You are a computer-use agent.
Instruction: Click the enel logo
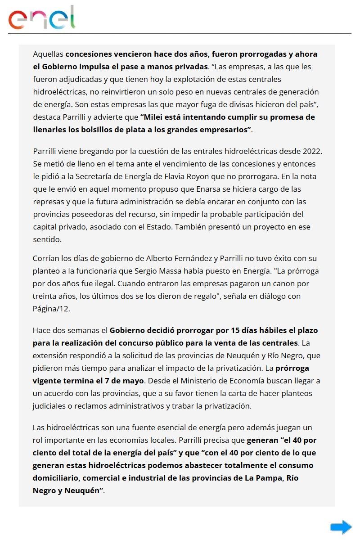[41, 18]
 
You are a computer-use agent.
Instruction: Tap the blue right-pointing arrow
[341, 527]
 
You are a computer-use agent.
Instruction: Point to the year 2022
[313, 151]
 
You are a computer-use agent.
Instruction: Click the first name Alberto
[162, 259]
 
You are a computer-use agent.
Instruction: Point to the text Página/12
[51, 309]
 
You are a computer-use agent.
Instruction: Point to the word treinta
[46, 297]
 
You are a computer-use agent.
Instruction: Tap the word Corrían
[46, 259]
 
